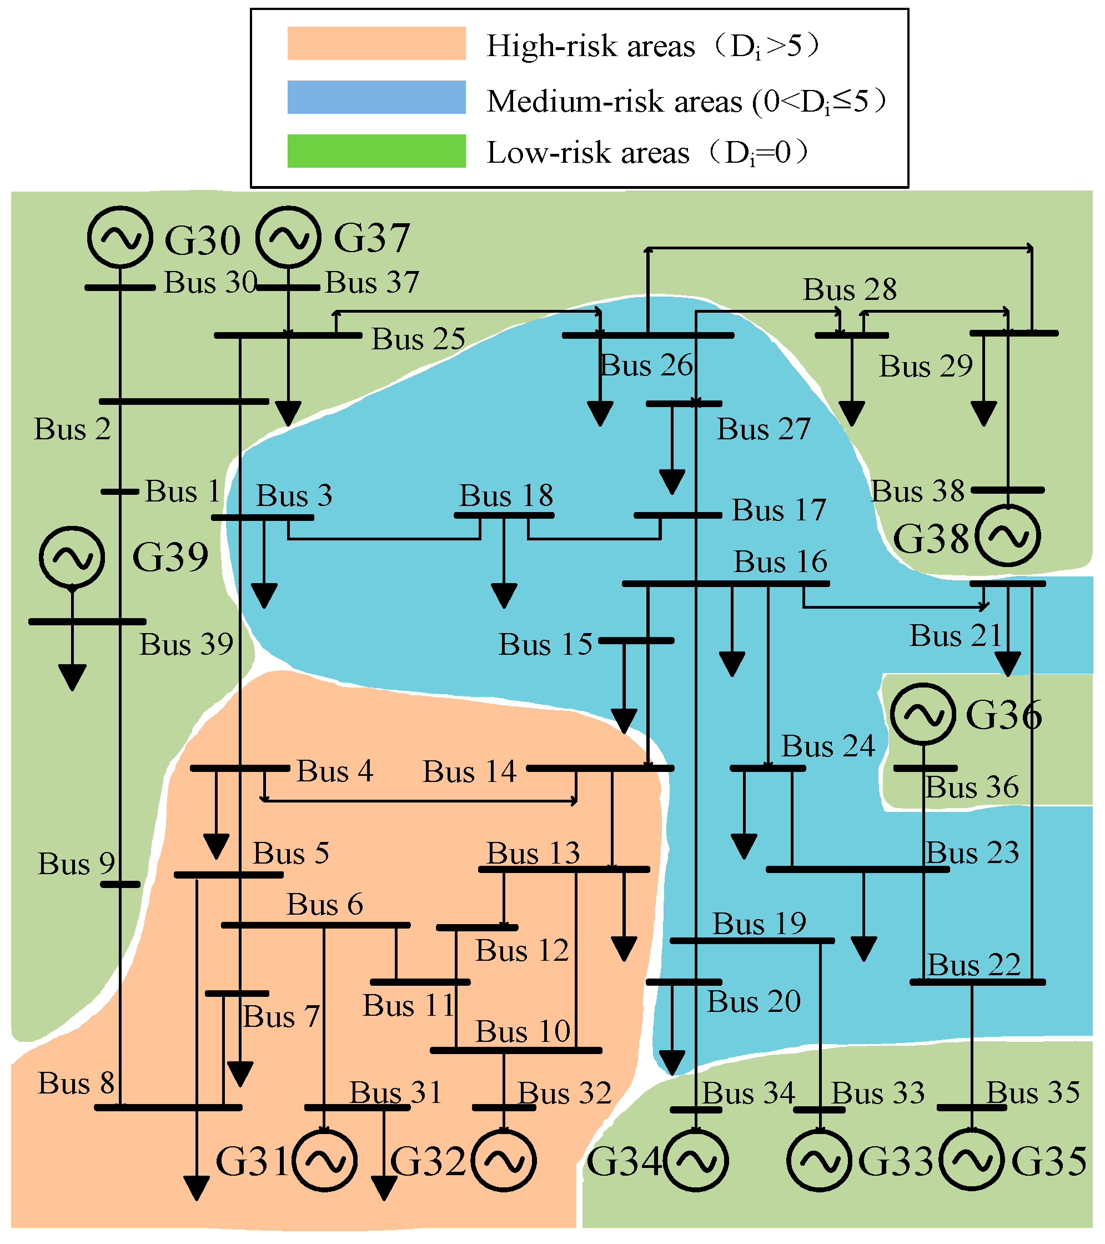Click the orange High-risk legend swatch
[x=376, y=43]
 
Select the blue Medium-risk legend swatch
[x=376, y=97]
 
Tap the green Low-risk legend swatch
[x=376, y=151]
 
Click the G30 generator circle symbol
[x=119, y=237]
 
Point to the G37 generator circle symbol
[x=288, y=237]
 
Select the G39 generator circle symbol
[x=72, y=558]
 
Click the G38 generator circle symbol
[x=1008, y=536]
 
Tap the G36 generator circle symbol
[x=922, y=714]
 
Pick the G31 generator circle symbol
[x=324, y=1161]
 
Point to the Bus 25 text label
[x=419, y=339]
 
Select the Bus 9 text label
[x=76, y=864]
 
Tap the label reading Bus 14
[x=469, y=772]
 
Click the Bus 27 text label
[x=764, y=429]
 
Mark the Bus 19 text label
[x=760, y=924]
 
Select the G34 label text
[x=624, y=1161]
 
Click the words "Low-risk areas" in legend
[x=588, y=153]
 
